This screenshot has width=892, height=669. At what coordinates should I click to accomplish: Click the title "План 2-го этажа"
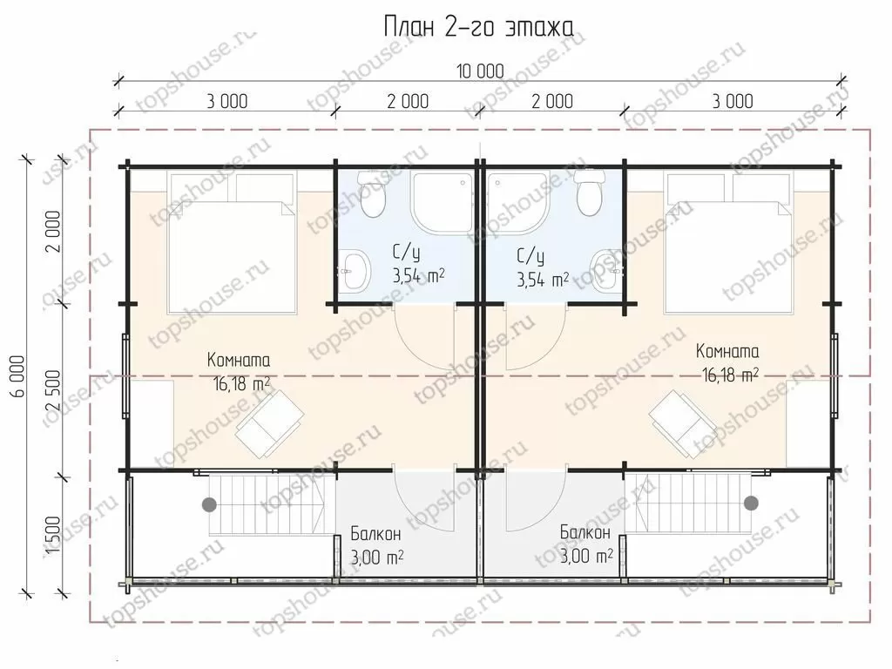pos(478,27)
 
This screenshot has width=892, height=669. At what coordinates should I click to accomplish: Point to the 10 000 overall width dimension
pos(480,71)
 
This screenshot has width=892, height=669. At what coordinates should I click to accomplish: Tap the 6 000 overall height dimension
pos(17,376)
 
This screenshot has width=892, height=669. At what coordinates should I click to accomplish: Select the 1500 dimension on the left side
pos(52,536)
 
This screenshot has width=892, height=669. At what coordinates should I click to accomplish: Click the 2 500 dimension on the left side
pos(52,391)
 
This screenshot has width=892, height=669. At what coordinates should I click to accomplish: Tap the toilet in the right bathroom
pos(588,192)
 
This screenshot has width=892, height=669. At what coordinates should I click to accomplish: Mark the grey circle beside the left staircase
pos(210,503)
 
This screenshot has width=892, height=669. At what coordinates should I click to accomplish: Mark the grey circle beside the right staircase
pos(752,503)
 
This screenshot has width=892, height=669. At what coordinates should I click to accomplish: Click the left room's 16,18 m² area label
pos(241,384)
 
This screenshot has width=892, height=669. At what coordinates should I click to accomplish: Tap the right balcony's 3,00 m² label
pos(586,555)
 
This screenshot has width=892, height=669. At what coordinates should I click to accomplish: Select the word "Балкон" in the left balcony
pos(375,534)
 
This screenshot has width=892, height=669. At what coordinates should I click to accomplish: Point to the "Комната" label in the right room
pos(727,351)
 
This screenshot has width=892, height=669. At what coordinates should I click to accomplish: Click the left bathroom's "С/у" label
pos(406,252)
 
